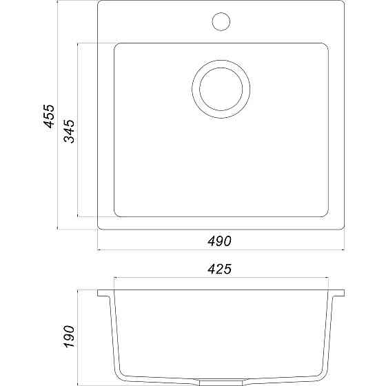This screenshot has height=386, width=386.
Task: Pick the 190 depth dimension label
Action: click(x=70, y=336)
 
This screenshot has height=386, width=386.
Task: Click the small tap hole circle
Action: click(x=221, y=21)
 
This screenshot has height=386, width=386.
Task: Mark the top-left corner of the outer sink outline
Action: click(x=99, y=3)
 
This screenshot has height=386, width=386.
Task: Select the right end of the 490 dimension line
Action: click(x=345, y=249)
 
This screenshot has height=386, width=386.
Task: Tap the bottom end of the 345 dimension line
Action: click(x=79, y=215)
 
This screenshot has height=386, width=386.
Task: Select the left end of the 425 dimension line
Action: click(x=114, y=278)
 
